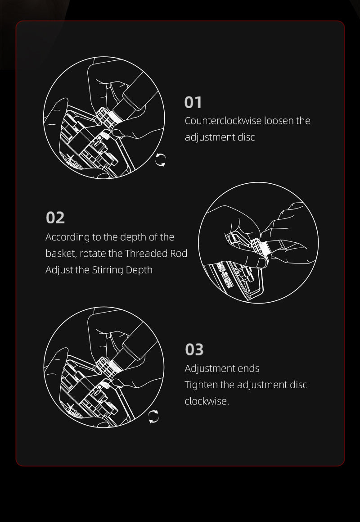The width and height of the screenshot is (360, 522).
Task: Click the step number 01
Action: pos(193,102)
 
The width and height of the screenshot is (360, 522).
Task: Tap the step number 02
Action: pos(55,218)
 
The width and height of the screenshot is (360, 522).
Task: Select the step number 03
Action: pos(194,350)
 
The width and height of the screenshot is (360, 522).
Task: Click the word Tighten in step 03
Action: pos(201,385)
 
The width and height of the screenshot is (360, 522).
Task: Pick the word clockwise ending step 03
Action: pos(207,401)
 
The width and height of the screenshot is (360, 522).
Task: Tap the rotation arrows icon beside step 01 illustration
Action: pos(160,160)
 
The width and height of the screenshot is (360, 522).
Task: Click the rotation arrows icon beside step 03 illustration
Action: pos(153,417)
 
